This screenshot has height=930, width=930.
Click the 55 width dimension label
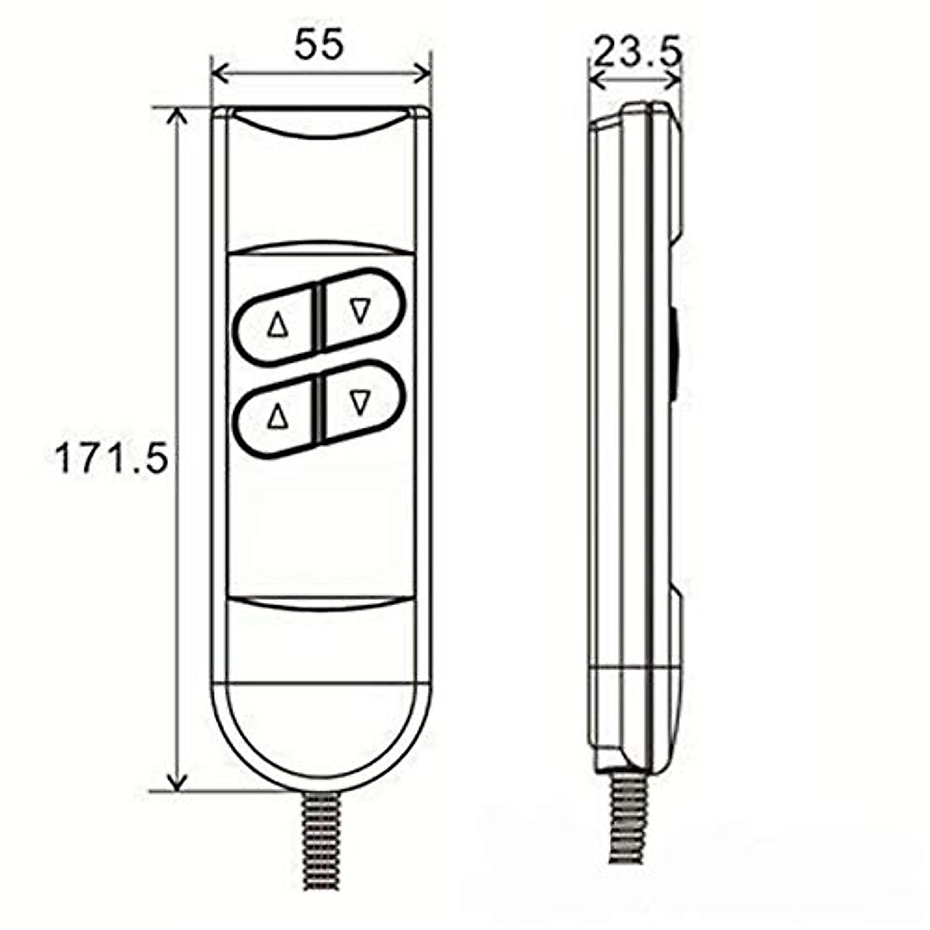[x=319, y=46]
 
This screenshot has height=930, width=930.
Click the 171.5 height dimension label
[x=112, y=459]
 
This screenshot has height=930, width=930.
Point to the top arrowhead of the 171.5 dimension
[x=178, y=116]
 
